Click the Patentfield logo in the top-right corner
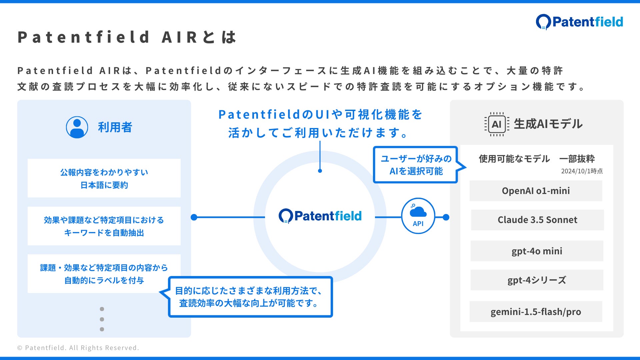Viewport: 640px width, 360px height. click(x=579, y=22)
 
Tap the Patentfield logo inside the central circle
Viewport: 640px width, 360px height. click(x=320, y=216)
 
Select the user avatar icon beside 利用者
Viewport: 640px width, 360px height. click(x=77, y=127)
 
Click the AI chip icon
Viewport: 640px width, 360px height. click(x=496, y=124)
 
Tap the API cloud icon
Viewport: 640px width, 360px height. click(x=418, y=216)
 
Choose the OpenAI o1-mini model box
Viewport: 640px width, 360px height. click(x=536, y=191)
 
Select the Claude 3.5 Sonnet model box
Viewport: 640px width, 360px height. click(x=537, y=220)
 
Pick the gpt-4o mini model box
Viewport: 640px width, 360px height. click(x=537, y=251)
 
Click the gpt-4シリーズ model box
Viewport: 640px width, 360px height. click(x=537, y=280)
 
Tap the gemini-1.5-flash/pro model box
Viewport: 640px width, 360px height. click(x=536, y=312)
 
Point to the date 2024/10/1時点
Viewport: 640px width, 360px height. click(x=582, y=171)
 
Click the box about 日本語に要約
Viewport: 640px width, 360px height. click(x=104, y=178)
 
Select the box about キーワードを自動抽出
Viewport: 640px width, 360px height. click(x=104, y=226)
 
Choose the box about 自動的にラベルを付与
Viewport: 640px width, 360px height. click(x=104, y=274)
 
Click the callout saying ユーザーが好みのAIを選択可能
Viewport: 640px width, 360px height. click(x=416, y=165)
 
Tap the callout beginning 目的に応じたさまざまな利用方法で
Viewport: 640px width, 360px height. click(x=250, y=297)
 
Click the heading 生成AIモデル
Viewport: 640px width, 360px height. click(x=548, y=124)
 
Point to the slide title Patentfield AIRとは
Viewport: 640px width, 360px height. click(x=127, y=37)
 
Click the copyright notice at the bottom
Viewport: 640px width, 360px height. click(x=78, y=348)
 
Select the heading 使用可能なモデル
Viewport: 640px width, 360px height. click(x=514, y=159)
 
